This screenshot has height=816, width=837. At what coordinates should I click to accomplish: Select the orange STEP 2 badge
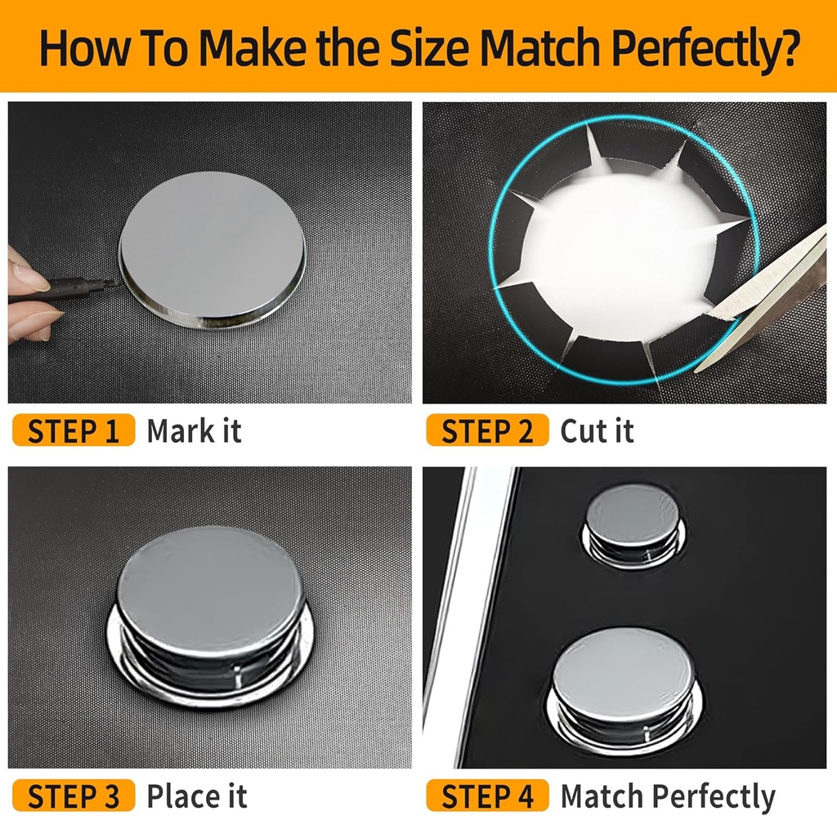pos(487,430)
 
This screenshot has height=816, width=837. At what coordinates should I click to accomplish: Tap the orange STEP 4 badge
pos(487,795)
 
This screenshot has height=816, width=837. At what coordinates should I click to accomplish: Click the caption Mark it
pos(194,430)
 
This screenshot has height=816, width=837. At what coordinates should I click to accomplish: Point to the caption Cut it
pos(597,430)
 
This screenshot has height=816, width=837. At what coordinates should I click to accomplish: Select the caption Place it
pos(196,795)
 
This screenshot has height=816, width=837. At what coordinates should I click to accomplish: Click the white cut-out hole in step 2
pos(621,245)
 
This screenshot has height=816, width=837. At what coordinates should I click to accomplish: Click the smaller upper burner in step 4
pos(633,518)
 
